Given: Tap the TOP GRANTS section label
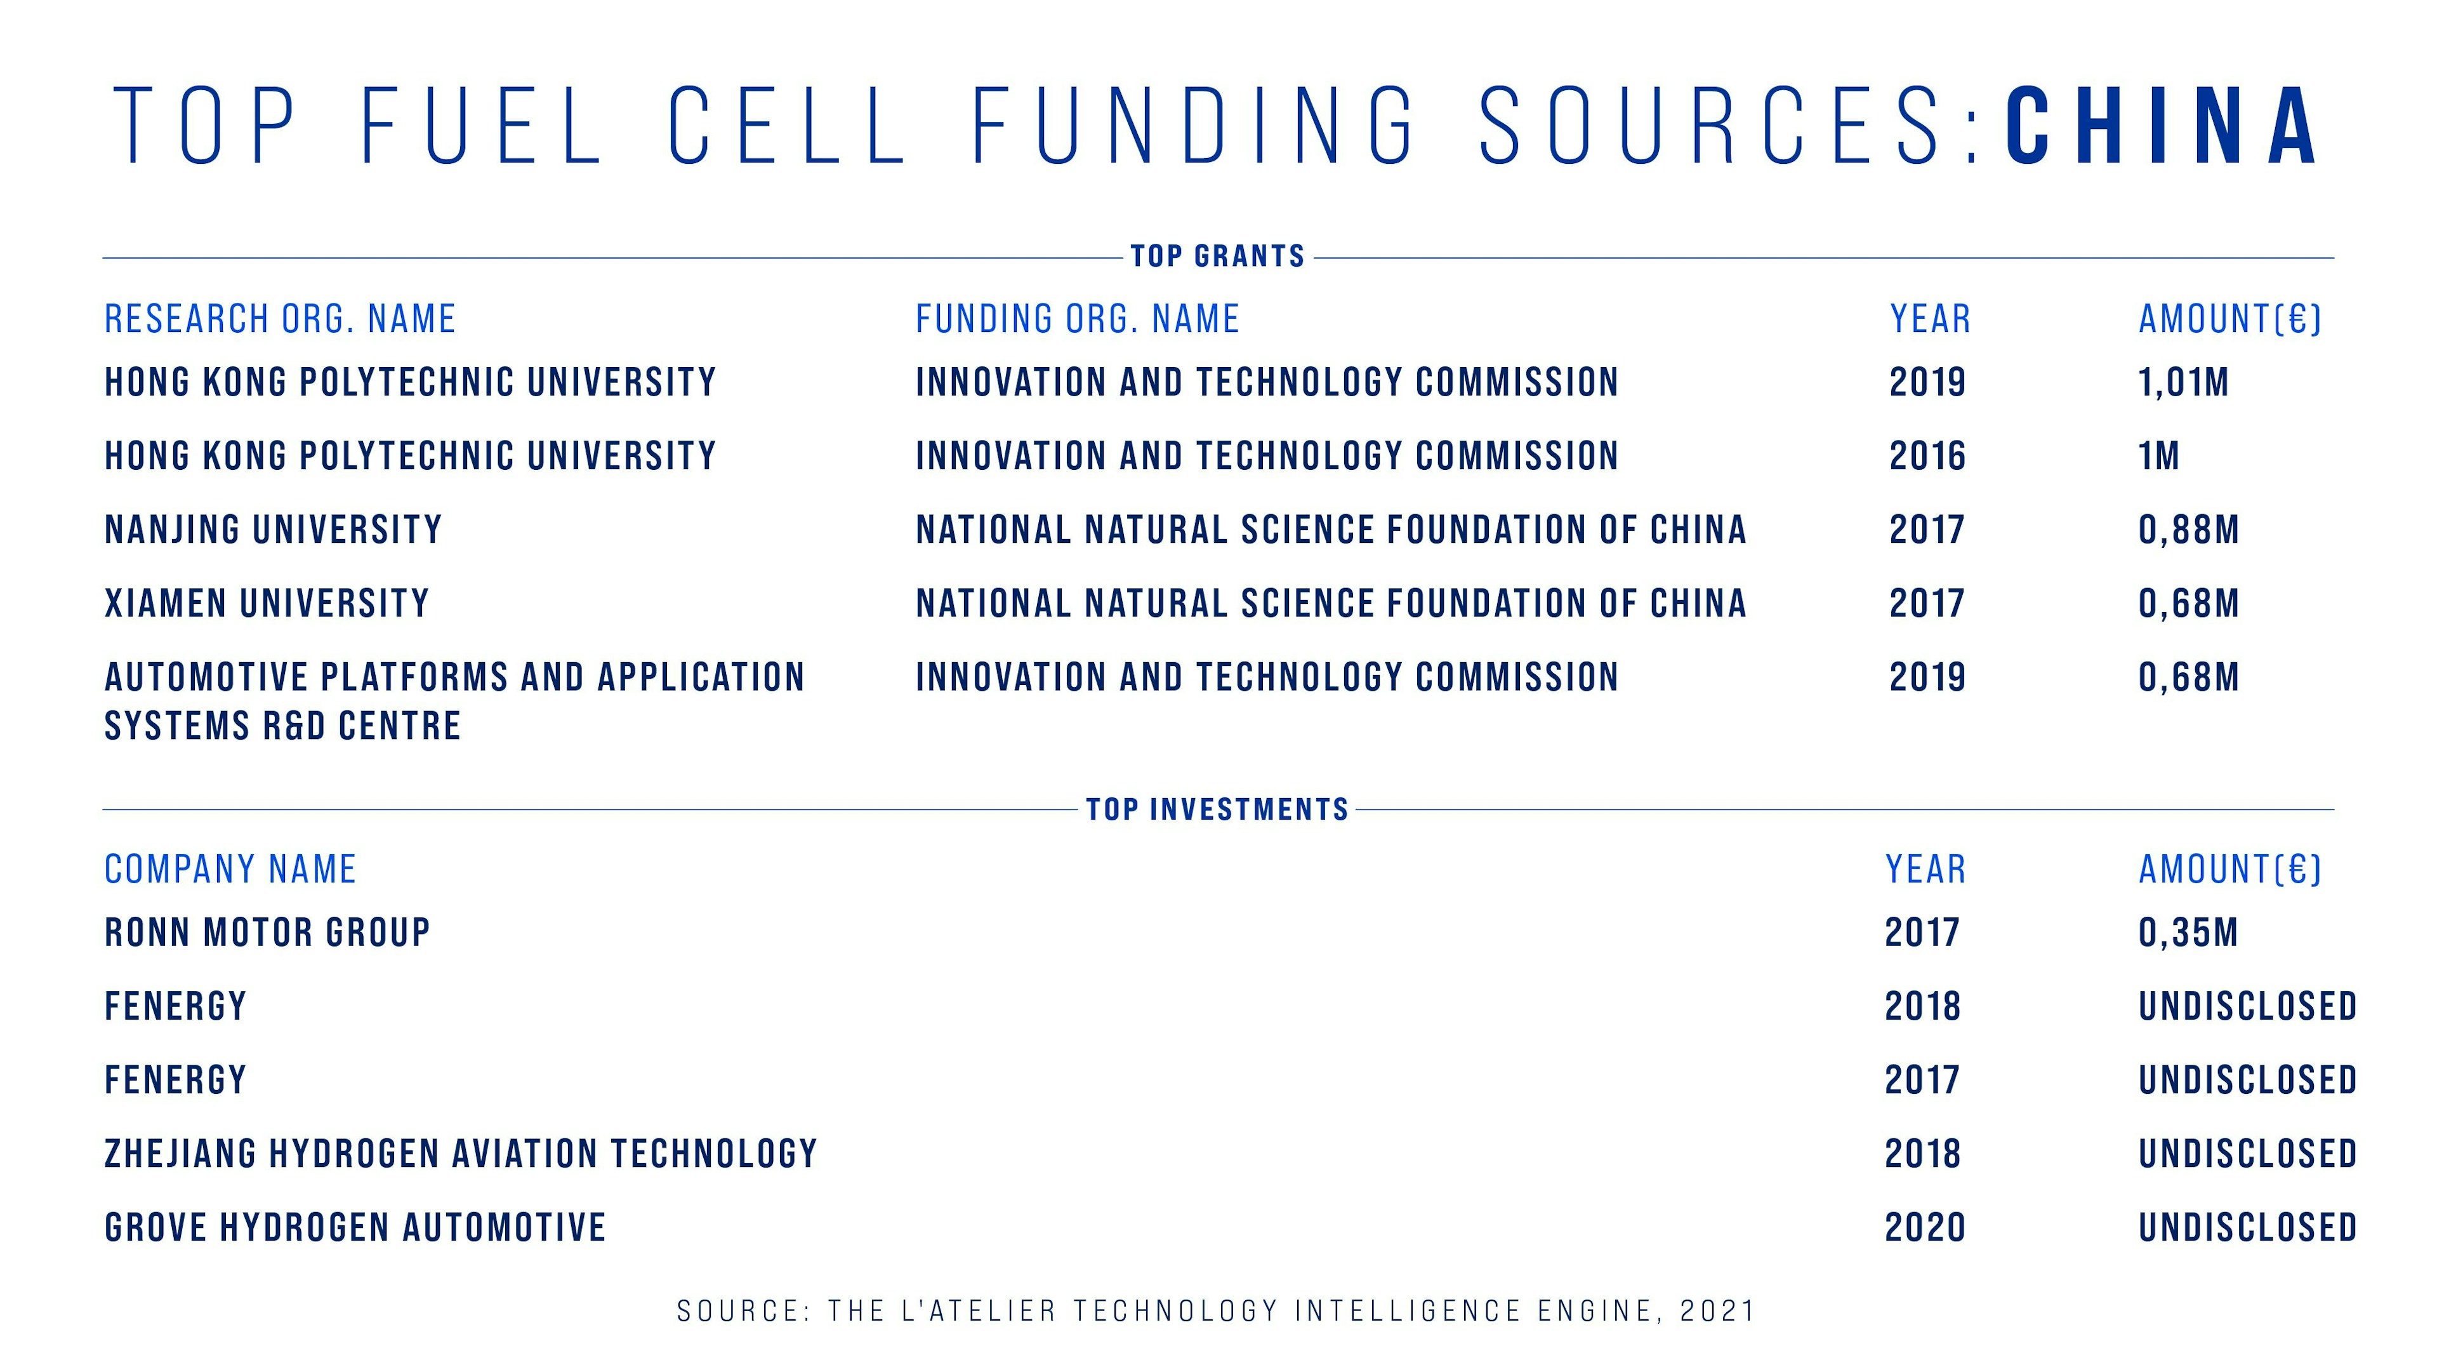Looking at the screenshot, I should tap(1218, 256).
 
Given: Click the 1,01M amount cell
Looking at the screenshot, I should tap(2183, 382).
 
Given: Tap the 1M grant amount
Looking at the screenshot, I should tap(2159, 456).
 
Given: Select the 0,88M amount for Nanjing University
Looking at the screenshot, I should tap(2189, 530).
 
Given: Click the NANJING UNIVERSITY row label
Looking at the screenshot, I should tap(274, 530).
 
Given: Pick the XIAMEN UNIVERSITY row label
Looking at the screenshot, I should tap(267, 604).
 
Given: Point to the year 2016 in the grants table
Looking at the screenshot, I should tap(1927, 456).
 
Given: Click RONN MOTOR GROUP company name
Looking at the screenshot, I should tap(268, 933).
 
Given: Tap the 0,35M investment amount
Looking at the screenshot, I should tap(2188, 933).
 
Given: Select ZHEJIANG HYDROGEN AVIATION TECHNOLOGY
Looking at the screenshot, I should tap(461, 1154).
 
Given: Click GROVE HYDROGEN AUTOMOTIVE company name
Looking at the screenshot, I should tap(355, 1228).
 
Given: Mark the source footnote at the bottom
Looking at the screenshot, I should tap(1217, 1312).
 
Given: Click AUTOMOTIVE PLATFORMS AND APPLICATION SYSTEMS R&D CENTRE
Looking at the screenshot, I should tap(454, 701).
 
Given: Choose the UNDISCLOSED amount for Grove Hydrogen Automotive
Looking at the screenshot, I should tap(2248, 1228).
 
